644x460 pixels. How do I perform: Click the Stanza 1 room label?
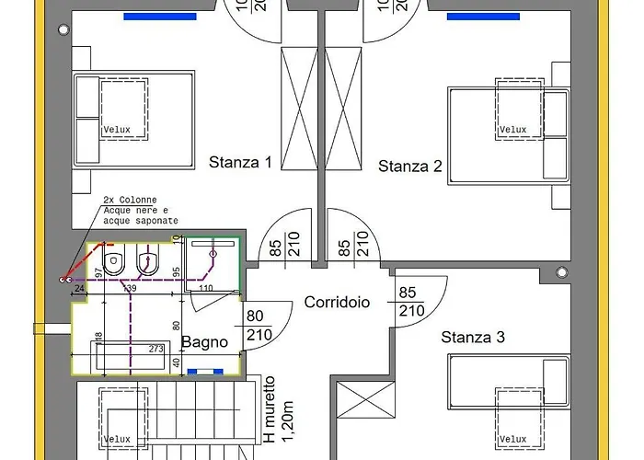point(240,163)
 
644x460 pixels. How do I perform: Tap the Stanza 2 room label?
point(410,167)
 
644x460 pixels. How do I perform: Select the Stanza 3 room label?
point(473,338)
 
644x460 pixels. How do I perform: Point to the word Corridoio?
point(337,302)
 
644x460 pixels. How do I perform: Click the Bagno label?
point(204,342)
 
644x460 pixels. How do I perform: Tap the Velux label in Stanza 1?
point(116,130)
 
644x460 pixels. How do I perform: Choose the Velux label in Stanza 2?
point(512,130)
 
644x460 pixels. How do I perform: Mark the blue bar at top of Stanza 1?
point(160,16)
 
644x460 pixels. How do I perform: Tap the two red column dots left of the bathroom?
point(65,278)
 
